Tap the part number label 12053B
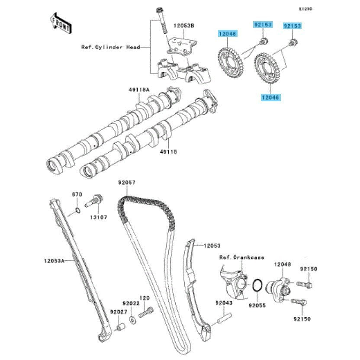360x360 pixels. [184, 26]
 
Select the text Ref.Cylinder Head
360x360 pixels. [110, 47]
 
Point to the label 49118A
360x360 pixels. [138, 90]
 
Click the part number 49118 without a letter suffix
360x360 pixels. [168, 152]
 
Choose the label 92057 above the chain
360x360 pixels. [127, 183]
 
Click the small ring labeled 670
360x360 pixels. [76, 211]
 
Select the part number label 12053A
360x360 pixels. [54, 260]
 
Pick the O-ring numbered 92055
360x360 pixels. [256, 286]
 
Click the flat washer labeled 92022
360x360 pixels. [132, 321]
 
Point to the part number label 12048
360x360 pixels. [282, 264]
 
